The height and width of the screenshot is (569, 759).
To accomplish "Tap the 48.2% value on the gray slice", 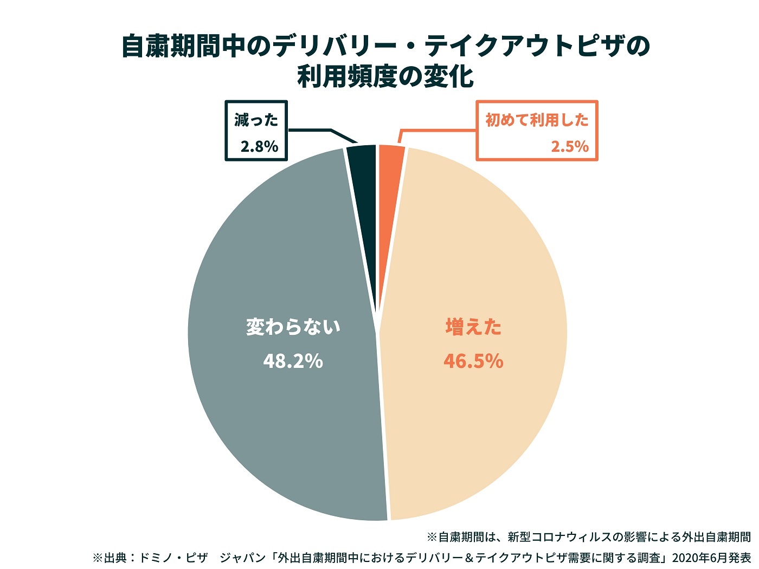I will (293, 361).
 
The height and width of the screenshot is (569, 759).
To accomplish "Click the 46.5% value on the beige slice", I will (473, 361).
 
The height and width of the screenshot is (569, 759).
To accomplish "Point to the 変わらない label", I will (293, 327).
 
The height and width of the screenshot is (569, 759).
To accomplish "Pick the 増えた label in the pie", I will (473, 327).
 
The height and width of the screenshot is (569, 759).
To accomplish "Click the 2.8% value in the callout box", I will (259, 146).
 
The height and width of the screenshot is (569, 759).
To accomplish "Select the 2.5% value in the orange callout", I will (569, 146).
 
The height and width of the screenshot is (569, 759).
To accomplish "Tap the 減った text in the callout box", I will (256, 120).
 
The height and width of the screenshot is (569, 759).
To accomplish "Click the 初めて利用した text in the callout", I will (537, 120).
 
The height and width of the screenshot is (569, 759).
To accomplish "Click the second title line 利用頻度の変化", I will (385, 77).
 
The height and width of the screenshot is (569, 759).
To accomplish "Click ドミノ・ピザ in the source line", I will (173, 558).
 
